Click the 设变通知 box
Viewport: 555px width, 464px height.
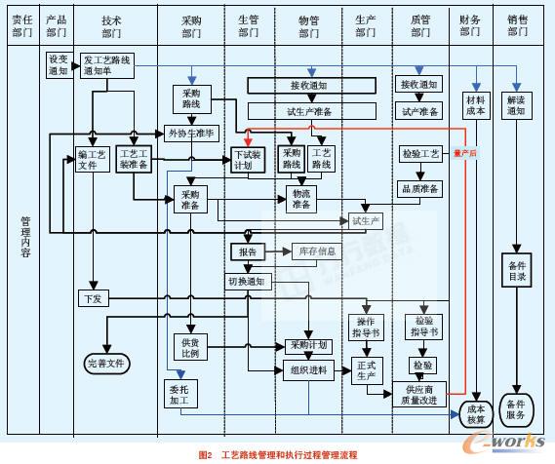(x=58, y=64)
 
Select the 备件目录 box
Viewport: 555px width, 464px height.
(x=517, y=271)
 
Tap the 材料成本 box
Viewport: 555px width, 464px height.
(x=475, y=104)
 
